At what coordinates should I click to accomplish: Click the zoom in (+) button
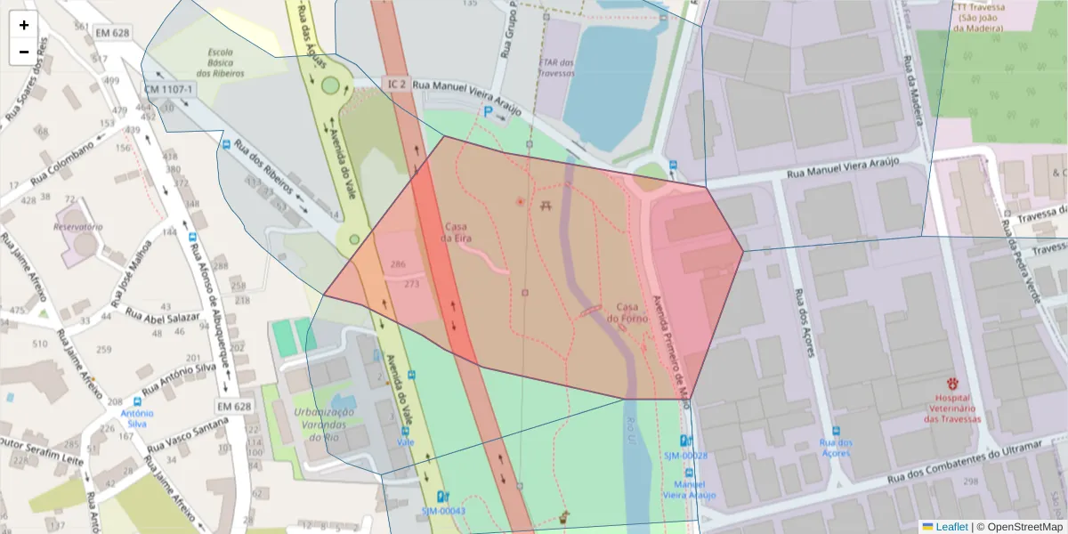click(24, 25)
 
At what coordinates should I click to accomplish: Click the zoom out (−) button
click(24, 52)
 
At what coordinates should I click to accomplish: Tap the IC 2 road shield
click(397, 84)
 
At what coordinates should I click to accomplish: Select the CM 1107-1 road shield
click(169, 90)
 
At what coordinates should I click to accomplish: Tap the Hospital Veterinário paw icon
click(953, 384)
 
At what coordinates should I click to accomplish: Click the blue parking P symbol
click(488, 111)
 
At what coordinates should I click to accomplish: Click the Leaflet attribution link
click(951, 526)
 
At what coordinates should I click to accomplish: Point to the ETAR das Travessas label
click(557, 68)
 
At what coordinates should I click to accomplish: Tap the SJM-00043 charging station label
click(443, 511)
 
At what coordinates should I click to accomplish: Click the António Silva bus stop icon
click(136, 401)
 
